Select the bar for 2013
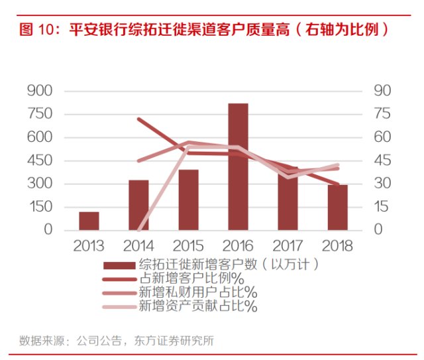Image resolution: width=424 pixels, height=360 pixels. (89, 221)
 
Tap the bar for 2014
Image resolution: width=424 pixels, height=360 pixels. (138, 205)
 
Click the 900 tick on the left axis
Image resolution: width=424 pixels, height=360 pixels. (40, 91)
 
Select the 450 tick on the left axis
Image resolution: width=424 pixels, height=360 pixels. (40, 160)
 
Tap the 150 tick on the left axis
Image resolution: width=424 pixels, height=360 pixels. (40, 207)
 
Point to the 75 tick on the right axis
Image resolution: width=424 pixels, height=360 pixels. (382, 114)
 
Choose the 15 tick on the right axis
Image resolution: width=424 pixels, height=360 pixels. (382, 207)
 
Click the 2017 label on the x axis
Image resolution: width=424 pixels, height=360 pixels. (288, 247)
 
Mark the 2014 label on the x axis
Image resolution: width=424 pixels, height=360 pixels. (138, 247)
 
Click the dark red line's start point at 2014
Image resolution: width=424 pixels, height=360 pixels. (138, 119)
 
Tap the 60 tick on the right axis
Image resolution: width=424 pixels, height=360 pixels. (382, 137)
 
